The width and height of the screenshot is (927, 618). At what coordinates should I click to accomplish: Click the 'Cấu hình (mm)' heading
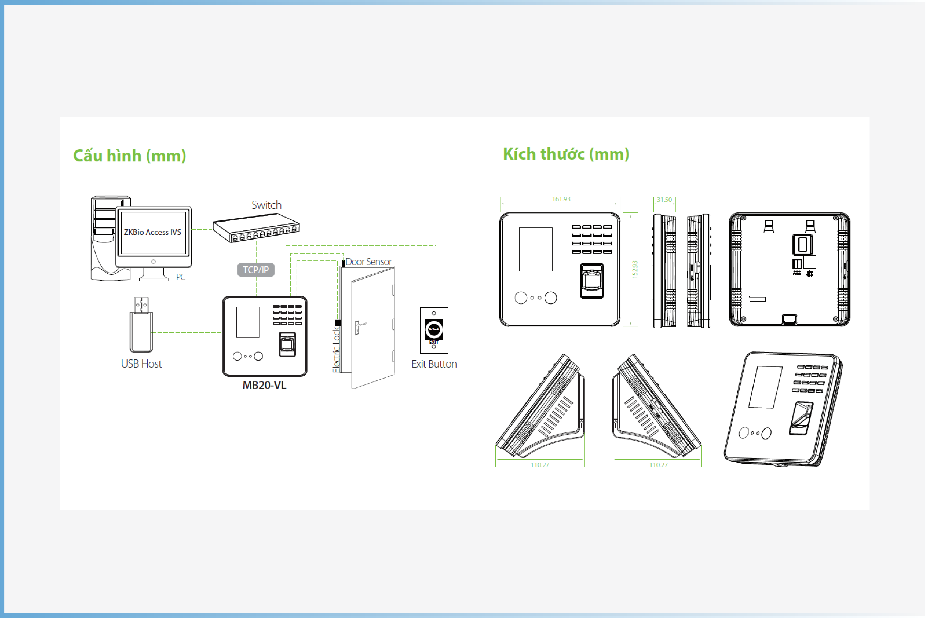point(130,156)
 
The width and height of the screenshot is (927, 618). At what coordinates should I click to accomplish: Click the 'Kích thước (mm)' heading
point(566,154)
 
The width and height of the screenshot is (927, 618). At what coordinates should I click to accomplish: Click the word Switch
point(267,205)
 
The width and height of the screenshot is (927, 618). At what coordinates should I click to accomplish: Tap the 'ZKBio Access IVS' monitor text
point(153,232)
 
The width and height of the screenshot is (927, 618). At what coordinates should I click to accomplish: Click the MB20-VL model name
point(265,385)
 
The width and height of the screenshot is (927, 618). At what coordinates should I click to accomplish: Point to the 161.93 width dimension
point(561,199)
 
